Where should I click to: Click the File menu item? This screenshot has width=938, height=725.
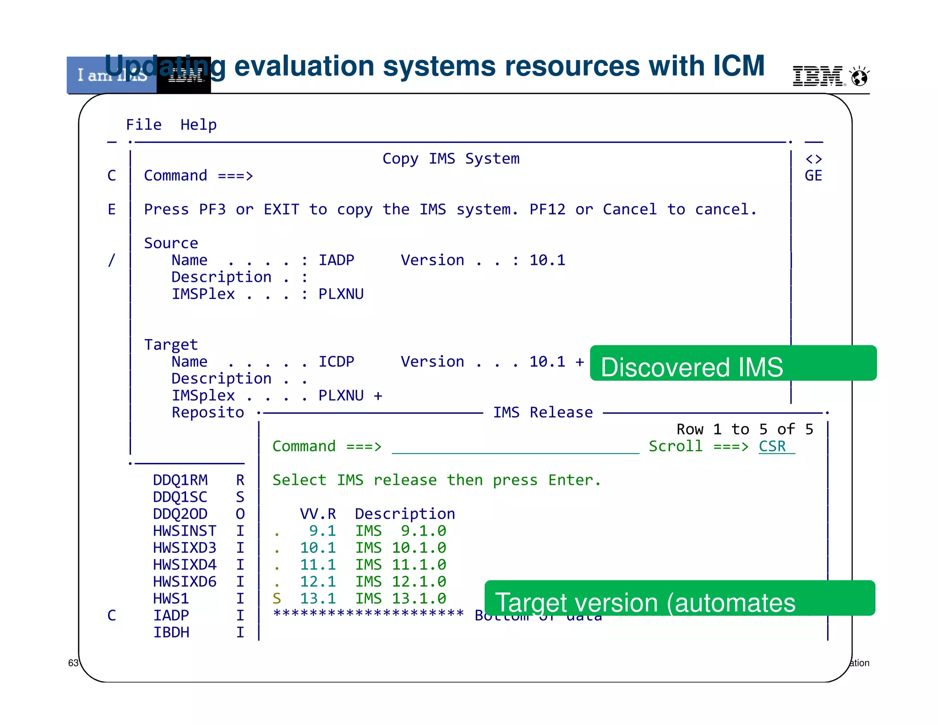pyautogui.click(x=143, y=125)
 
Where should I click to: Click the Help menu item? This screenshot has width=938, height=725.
pyautogui.click(x=198, y=125)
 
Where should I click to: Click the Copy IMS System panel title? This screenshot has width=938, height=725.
pyautogui.click(x=451, y=159)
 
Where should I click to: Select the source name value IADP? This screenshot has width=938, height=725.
pyautogui.click(x=336, y=260)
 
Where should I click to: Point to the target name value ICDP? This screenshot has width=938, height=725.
pyautogui.click(x=336, y=362)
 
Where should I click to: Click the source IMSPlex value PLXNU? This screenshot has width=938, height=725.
pyautogui.click(x=341, y=294)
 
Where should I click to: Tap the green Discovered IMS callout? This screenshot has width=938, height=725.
pyautogui.click(x=733, y=363)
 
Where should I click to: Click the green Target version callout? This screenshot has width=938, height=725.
pyautogui.click(x=680, y=599)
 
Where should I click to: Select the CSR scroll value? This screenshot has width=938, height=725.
pyautogui.click(x=772, y=446)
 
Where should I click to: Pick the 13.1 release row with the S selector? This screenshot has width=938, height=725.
pyautogui.click(x=317, y=599)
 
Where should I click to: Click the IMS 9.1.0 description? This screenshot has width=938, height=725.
pyautogui.click(x=400, y=531)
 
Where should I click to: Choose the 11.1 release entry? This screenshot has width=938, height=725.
pyautogui.click(x=317, y=565)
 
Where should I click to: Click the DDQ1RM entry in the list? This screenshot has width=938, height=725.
pyautogui.click(x=180, y=480)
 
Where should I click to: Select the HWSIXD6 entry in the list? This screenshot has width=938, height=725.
pyautogui.click(x=184, y=582)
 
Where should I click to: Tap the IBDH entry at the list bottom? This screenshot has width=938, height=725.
pyautogui.click(x=171, y=632)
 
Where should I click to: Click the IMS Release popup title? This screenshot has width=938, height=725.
pyautogui.click(x=543, y=412)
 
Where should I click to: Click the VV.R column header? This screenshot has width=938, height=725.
pyautogui.click(x=317, y=514)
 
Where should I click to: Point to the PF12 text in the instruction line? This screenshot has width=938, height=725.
pyautogui.click(x=547, y=209)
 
